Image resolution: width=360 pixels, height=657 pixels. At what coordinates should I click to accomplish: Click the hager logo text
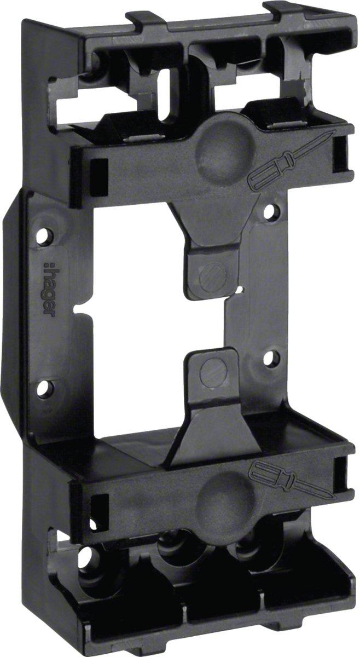49,289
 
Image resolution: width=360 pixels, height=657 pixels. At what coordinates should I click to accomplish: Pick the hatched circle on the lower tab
214,369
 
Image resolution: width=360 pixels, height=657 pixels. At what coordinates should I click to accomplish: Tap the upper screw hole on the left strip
44,235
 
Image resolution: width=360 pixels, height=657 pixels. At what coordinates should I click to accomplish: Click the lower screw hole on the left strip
45,389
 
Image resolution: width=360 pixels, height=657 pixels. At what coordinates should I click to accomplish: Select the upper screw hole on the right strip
270,212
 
